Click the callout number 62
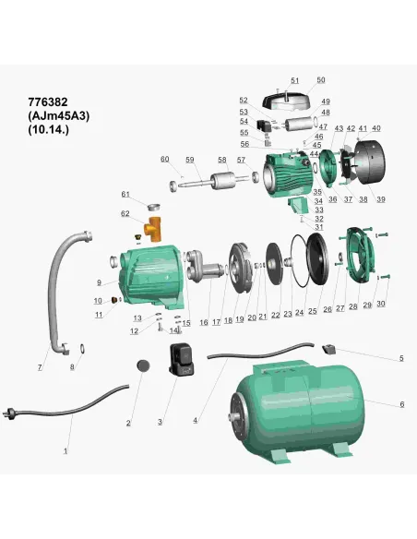click(x=125, y=213)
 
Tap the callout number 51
click(x=295, y=81)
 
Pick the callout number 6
click(x=401, y=404)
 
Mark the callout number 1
click(x=66, y=451)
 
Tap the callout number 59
click(x=190, y=160)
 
